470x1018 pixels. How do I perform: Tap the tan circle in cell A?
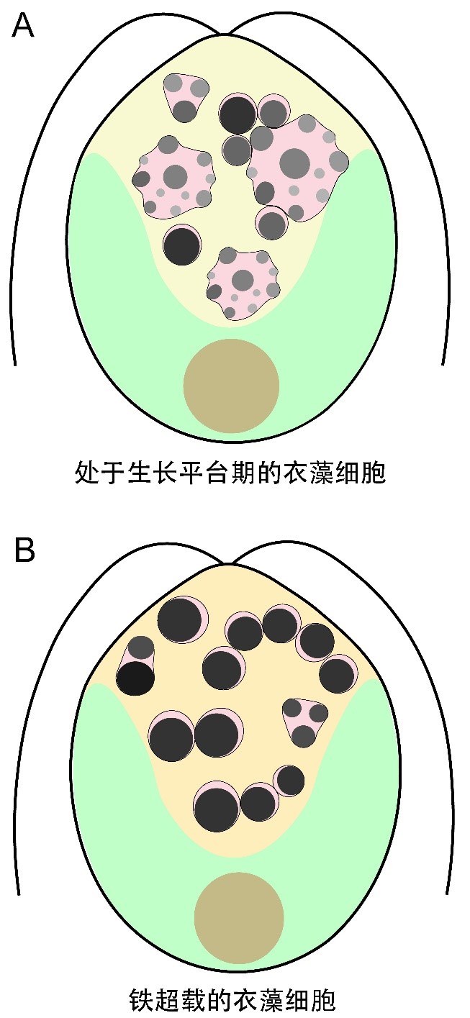coord(231,386)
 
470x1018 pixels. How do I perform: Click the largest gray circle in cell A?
coord(294,164)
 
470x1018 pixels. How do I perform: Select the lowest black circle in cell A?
coord(181,245)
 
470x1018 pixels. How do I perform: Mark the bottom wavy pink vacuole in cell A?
coord(243,285)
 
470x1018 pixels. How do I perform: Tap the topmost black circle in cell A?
coord(238,114)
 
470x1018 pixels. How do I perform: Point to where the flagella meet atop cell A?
coord(225,33)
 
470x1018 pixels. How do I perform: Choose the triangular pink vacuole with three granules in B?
coord(305,721)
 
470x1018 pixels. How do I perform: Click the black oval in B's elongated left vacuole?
coord(136,678)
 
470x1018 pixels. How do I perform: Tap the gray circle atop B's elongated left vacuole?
coord(141,647)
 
